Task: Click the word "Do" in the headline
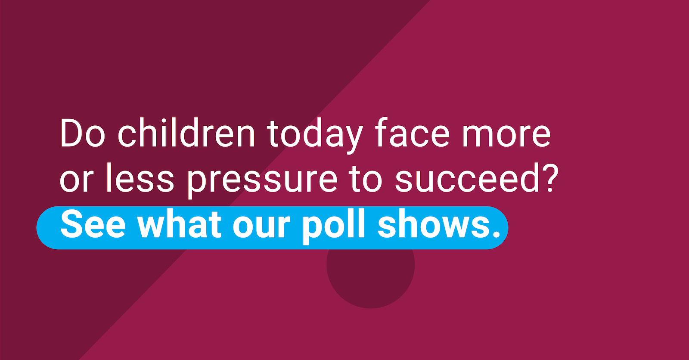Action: pos(82,133)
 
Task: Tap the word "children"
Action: pos(186,133)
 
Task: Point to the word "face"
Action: pos(412,133)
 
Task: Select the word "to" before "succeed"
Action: pos(366,178)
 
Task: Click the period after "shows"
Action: pos(496,235)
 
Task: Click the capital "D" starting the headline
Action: pos(71,133)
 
